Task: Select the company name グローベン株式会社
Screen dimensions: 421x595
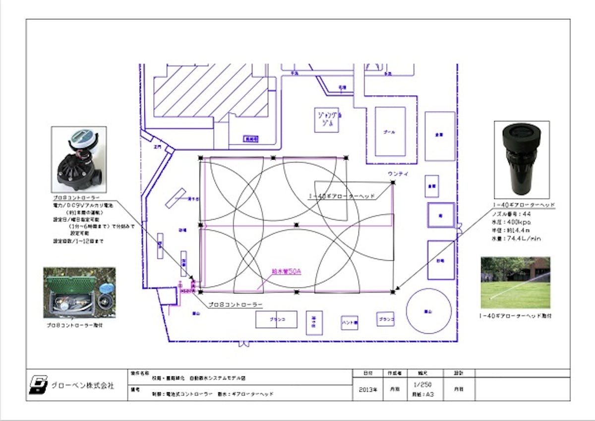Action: [82, 385]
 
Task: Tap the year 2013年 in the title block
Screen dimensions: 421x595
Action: [367, 390]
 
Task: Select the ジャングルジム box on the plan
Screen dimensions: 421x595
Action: [326, 120]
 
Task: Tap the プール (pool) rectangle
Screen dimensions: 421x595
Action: [390, 132]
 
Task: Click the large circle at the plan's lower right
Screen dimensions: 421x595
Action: [428, 311]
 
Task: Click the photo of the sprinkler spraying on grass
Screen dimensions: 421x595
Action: [515, 283]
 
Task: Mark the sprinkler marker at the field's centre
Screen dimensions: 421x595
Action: [297, 225]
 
